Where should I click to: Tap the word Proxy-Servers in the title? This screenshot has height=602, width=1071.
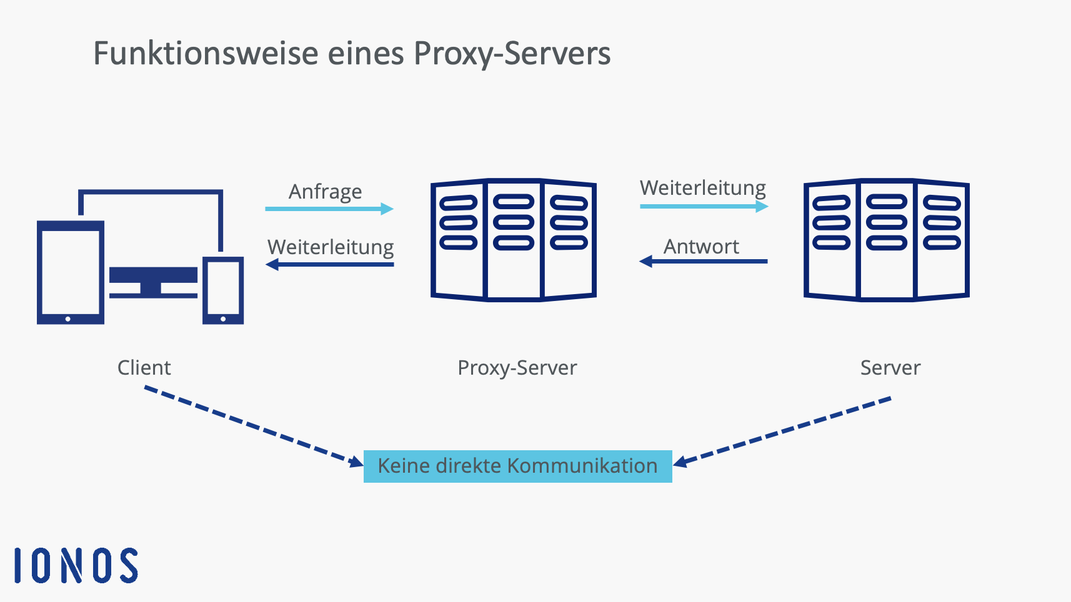(512, 54)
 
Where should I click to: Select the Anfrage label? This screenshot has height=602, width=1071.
(325, 192)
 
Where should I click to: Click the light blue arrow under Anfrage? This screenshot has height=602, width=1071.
(329, 209)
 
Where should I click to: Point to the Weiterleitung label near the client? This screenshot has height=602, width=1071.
(331, 247)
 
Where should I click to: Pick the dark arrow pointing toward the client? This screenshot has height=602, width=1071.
(330, 265)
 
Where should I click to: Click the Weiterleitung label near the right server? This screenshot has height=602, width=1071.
(702, 188)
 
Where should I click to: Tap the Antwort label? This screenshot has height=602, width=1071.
(701, 247)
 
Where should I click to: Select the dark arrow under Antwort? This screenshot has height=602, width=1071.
(703, 261)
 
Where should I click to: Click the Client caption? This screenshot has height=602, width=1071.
(144, 368)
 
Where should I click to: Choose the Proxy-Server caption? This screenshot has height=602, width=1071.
(517, 368)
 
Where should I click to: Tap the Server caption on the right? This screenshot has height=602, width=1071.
(890, 368)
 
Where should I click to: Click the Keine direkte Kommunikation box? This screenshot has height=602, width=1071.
(517, 466)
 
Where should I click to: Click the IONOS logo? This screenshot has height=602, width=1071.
(76, 566)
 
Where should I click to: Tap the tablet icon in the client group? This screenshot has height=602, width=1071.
(70, 273)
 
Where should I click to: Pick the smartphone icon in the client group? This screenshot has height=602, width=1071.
(223, 290)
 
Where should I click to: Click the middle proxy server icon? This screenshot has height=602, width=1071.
(513, 240)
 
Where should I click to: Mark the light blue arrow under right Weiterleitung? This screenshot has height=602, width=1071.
(704, 206)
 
